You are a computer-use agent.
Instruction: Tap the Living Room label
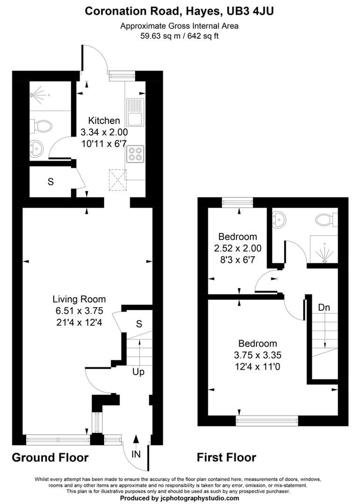click(x=79, y=299)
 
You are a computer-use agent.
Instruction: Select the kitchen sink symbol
click(x=135, y=112)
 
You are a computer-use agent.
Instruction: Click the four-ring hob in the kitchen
click(x=135, y=154)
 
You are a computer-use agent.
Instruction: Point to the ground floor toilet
click(x=42, y=125)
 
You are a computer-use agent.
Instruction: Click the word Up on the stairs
click(x=139, y=372)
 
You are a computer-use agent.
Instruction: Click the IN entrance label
click(x=136, y=453)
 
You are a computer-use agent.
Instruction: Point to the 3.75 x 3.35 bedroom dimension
click(x=258, y=354)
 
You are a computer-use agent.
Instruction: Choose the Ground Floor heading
click(x=50, y=457)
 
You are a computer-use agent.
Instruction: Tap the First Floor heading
click(x=226, y=457)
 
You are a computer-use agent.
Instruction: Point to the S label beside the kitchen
click(x=50, y=182)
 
